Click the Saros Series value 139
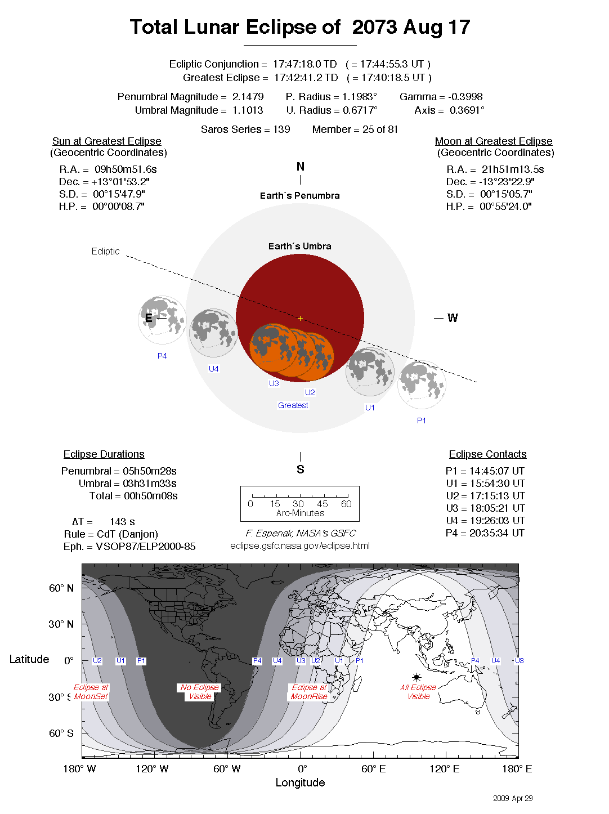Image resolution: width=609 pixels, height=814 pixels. pyautogui.click(x=281, y=129)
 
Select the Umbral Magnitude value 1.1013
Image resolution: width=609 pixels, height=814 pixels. pyautogui.click(x=248, y=110)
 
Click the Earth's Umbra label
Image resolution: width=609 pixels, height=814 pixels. pyautogui.click(x=299, y=246)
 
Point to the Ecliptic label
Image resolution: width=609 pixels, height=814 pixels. pyautogui.click(x=105, y=251)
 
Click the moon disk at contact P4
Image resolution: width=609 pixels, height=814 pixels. pyautogui.click(x=162, y=320)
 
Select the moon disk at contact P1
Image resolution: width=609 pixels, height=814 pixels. pyautogui.click(x=422, y=385)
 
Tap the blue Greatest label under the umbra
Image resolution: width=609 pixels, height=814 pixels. pyautogui.click(x=293, y=405)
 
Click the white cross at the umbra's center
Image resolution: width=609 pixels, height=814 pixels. pyautogui.click(x=300, y=318)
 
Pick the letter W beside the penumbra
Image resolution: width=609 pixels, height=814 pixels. pyautogui.click(x=453, y=318)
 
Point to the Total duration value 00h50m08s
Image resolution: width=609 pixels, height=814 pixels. pyautogui.click(x=151, y=496)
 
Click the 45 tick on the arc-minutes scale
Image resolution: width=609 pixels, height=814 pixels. pyautogui.click(x=323, y=504)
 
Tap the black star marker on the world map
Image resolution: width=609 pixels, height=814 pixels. pyautogui.click(x=417, y=677)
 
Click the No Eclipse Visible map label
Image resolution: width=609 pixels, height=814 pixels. pyautogui.click(x=200, y=692)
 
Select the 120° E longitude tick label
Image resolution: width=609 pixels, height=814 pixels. pyautogui.click(x=444, y=769)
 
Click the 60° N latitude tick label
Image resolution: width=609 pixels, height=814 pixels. pyautogui.click(x=61, y=588)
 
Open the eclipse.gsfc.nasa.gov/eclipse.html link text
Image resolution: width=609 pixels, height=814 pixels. pyautogui.click(x=300, y=545)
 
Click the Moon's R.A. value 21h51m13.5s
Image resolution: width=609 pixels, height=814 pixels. pyautogui.click(x=513, y=169)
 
